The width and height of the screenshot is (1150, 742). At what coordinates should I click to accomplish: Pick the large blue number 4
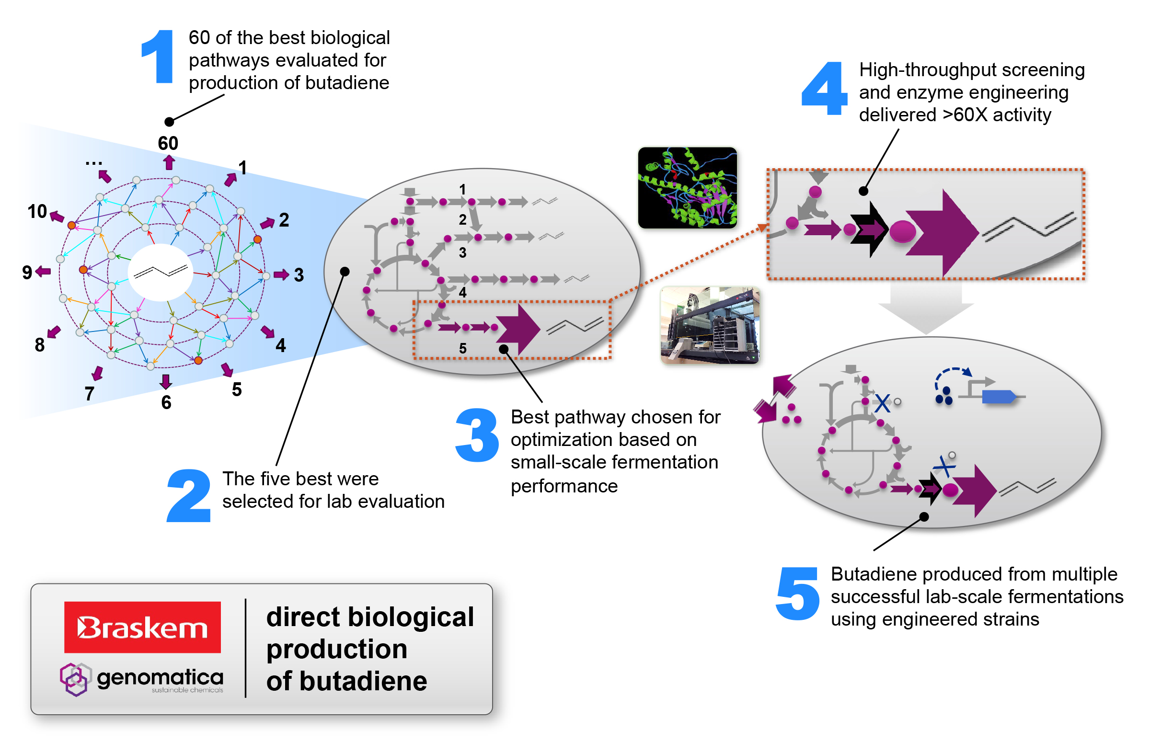click(823, 89)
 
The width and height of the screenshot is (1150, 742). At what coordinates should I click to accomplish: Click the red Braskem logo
click(142, 628)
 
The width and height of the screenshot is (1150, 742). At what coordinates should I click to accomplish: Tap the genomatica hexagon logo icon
click(75, 679)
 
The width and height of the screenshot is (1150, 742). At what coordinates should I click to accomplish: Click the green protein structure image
click(687, 187)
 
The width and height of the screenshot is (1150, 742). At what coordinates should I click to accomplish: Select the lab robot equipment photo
click(710, 325)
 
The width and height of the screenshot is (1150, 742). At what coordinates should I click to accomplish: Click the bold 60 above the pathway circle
click(168, 143)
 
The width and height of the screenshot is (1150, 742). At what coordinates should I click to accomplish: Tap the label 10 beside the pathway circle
click(37, 212)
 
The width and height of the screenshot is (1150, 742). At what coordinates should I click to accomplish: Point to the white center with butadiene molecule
click(161, 272)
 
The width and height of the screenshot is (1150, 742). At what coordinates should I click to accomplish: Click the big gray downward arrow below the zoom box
click(925, 308)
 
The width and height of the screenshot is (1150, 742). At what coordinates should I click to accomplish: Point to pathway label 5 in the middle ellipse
click(462, 348)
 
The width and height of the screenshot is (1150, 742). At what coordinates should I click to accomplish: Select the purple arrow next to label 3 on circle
click(281, 274)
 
